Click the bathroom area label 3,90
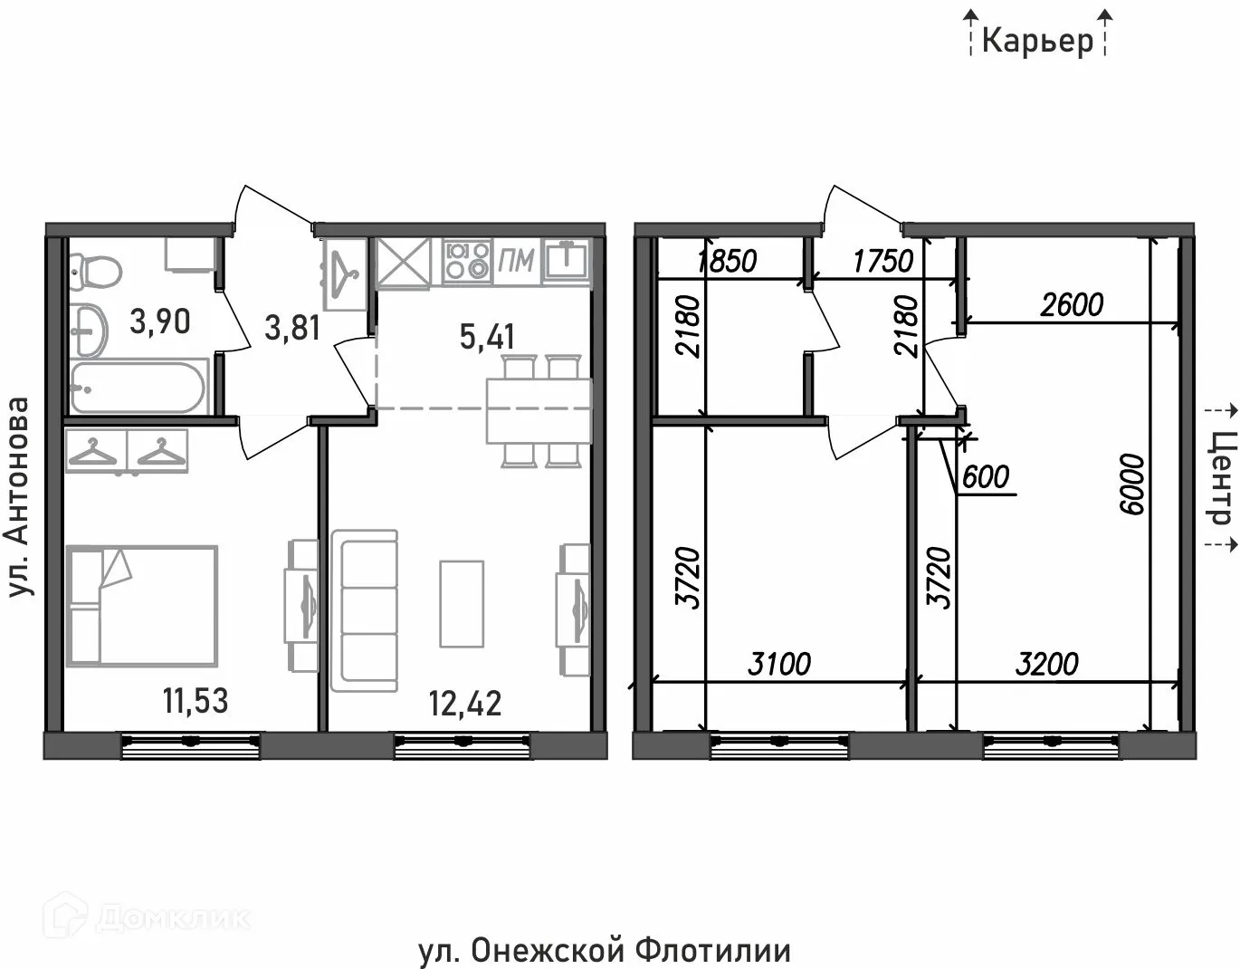[159, 321]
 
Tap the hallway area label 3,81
[291, 327]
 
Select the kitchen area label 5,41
[487, 337]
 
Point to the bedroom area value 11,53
[195, 700]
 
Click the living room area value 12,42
[464, 703]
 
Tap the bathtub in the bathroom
[138, 387]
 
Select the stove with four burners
[467, 260]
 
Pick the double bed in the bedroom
[142, 605]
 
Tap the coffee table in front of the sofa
[462, 603]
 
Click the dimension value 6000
[1131, 484]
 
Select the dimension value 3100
[779, 664]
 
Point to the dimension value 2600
[1072, 305]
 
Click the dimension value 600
[986, 476]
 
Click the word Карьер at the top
[1037, 41]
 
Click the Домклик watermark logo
[149, 917]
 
